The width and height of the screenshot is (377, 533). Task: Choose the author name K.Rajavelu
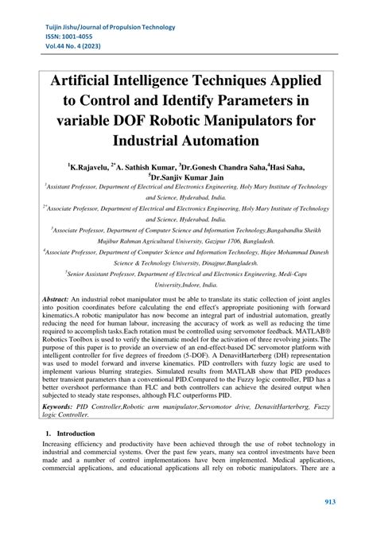point(89,168)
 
